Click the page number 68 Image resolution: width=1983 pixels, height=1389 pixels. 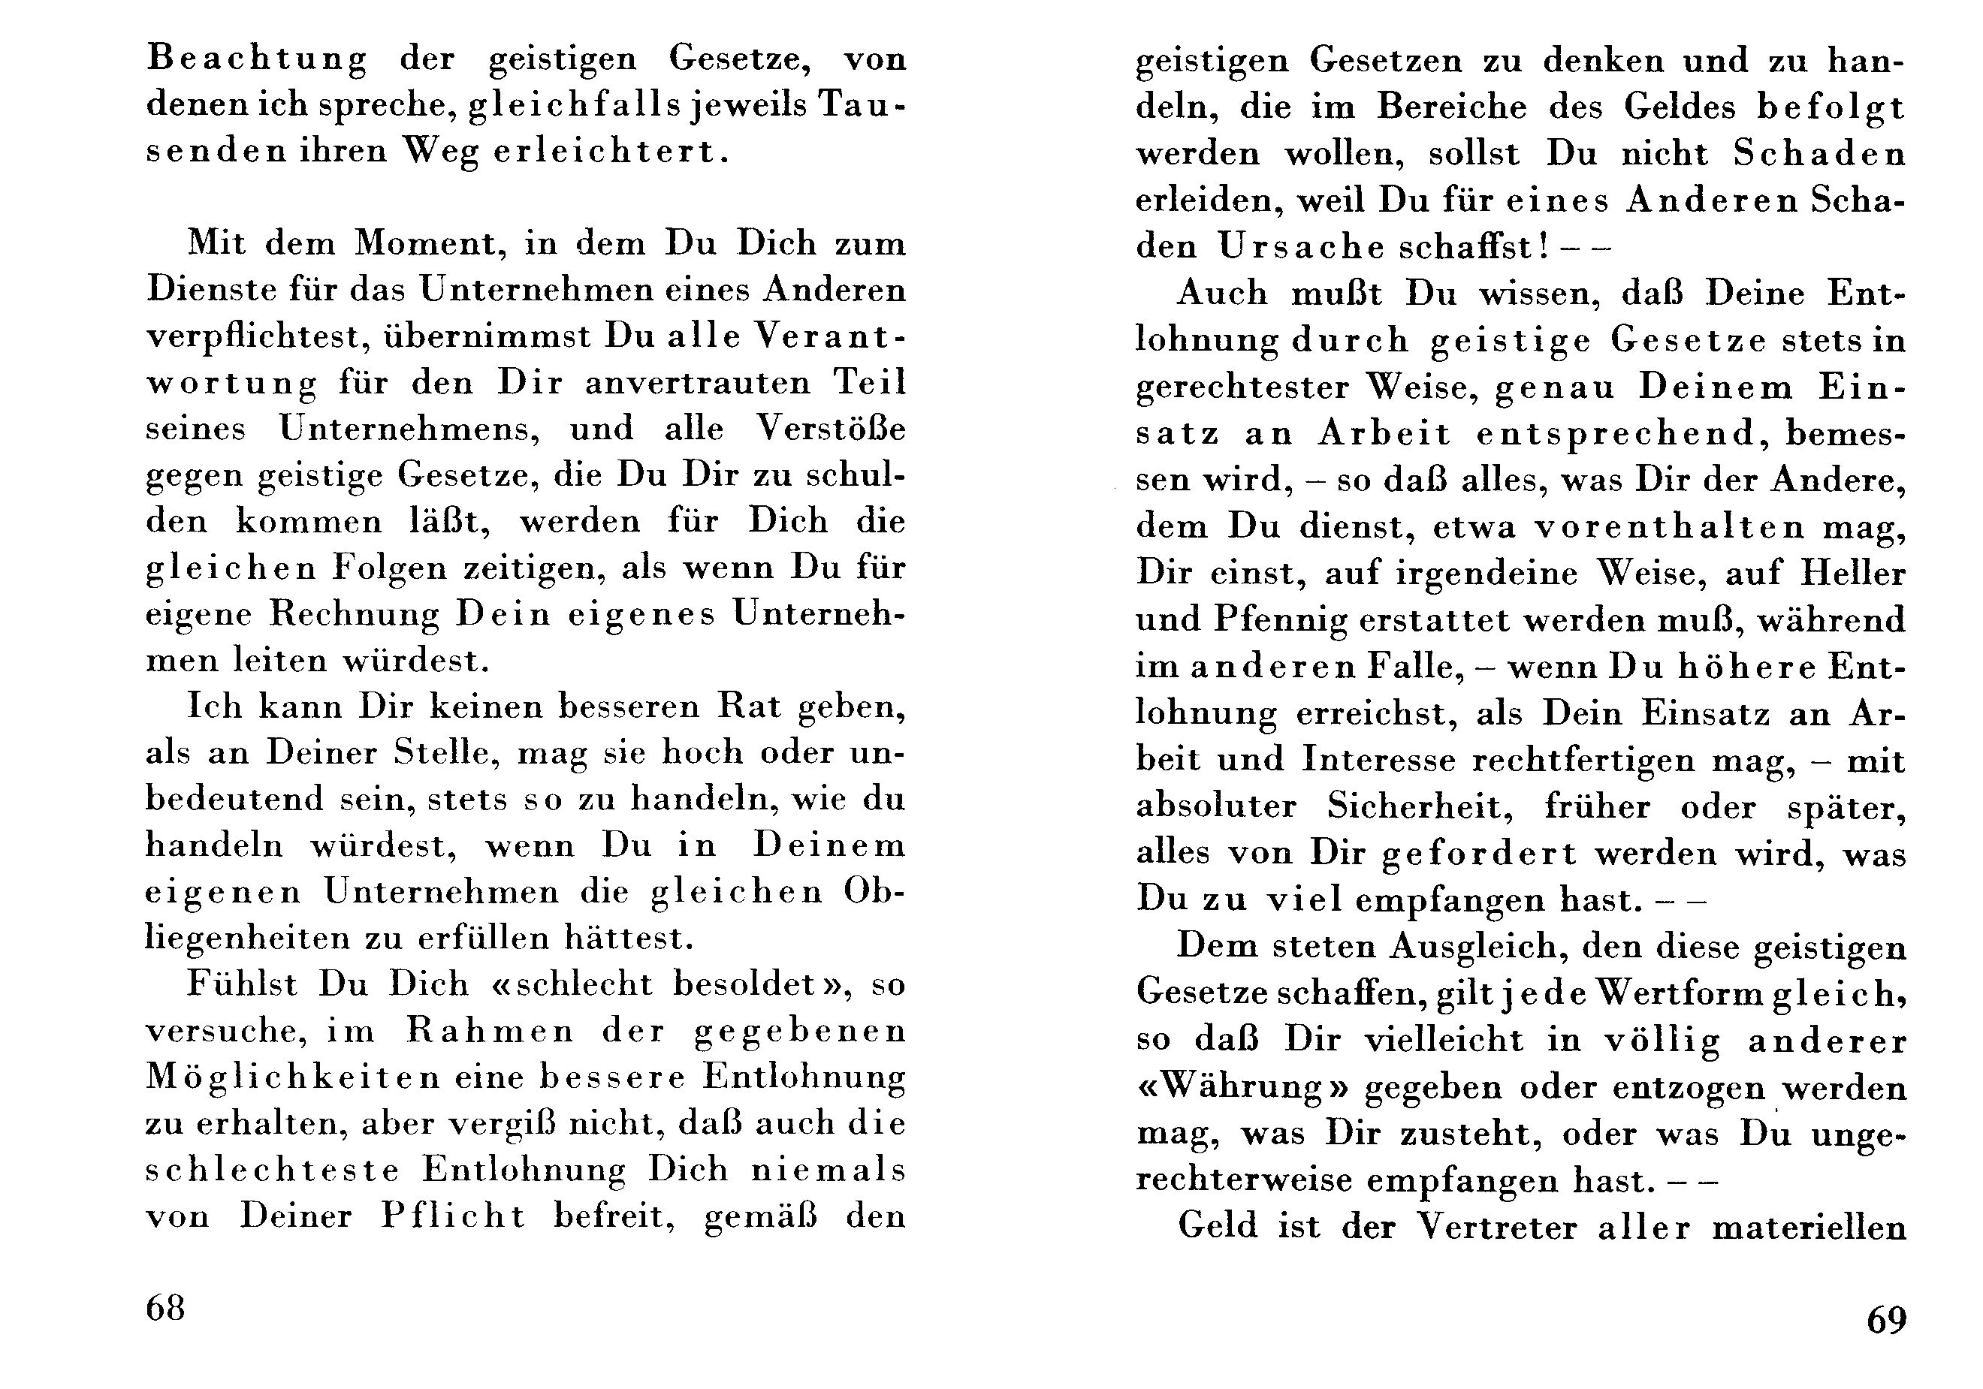[x=165, y=1309]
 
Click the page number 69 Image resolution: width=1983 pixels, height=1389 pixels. [x=1886, y=1320]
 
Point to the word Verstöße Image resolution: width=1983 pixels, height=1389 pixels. [x=831, y=429]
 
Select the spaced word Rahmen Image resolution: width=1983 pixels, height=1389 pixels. [x=490, y=1032]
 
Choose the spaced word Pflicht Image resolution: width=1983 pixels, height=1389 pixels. [x=454, y=1217]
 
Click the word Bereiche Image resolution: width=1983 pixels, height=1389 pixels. [x=1451, y=107]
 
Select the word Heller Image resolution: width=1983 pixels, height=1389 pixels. [x=1852, y=573]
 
